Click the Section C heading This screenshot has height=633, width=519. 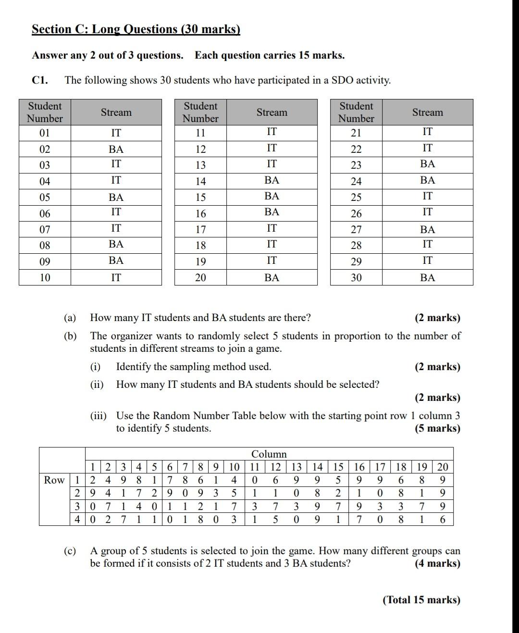coord(136,29)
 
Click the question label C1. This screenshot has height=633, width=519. coord(40,80)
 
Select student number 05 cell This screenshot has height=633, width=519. coord(45,198)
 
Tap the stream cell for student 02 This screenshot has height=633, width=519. coord(116,149)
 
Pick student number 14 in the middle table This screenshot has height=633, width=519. coord(200,182)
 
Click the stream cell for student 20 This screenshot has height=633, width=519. coord(272,278)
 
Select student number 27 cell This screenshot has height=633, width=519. coord(356,230)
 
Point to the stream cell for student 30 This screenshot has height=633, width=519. coord(427,278)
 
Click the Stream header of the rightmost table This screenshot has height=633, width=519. coord(427,112)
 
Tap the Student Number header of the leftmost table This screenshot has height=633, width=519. coord(45,112)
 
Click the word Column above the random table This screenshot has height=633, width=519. coord(269,454)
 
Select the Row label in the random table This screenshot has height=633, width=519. coord(54,480)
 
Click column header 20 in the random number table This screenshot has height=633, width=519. coord(443,467)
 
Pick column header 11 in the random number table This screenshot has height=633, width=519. coord(255,467)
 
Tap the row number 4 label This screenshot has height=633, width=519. coord(78,520)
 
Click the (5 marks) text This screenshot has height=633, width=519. coord(437,429)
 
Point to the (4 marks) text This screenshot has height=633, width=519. coord(437,564)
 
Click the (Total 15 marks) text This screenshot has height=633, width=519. coord(421,600)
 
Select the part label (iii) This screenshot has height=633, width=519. coord(99,416)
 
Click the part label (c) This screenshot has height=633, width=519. coord(70,551)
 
